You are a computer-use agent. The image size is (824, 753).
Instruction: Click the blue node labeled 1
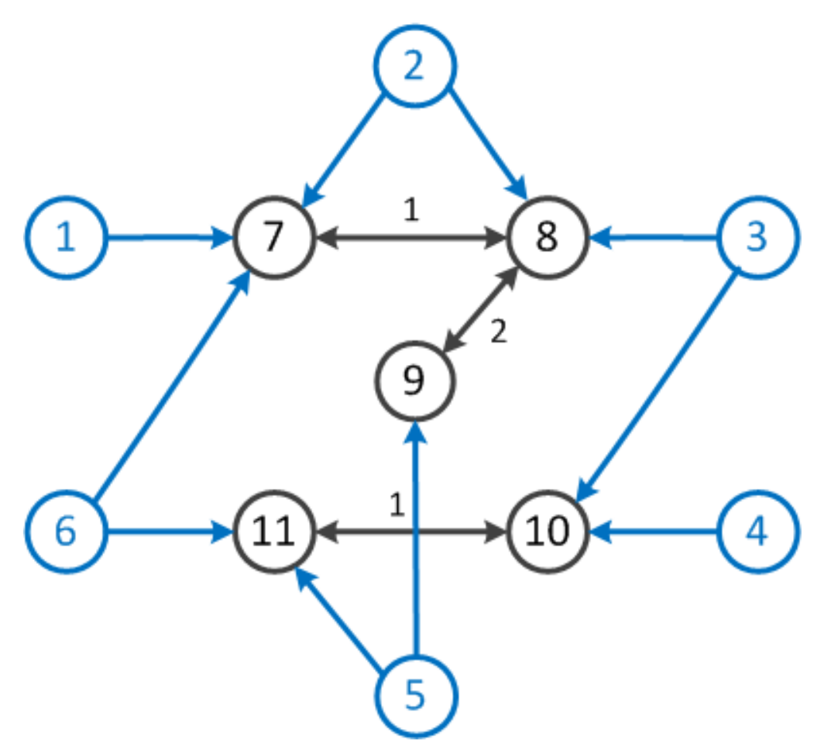coord(67,238)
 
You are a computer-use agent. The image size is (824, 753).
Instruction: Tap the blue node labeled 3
coord(757,238)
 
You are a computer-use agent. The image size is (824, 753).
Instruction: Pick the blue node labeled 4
coord(757,532)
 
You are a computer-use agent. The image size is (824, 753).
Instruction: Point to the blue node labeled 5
coord(416,695)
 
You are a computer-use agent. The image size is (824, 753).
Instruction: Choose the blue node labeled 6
coord(67,532)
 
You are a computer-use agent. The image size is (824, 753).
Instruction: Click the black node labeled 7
coord(273,238)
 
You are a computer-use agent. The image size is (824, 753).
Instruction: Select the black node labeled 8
coord(547,238)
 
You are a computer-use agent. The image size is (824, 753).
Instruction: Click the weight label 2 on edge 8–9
coord(498,332)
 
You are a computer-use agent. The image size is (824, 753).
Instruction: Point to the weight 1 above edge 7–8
coord(411,211)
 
